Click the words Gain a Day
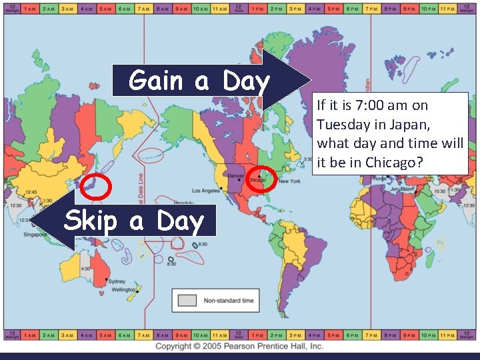click(199, 81)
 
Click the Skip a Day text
click(133, 221)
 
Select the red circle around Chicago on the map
click(261, 177)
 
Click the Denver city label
click(236, 175)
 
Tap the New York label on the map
click(289, 181)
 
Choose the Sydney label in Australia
click(117, 281)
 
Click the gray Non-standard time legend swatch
click(187, 301)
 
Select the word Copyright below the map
click(177, 346)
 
